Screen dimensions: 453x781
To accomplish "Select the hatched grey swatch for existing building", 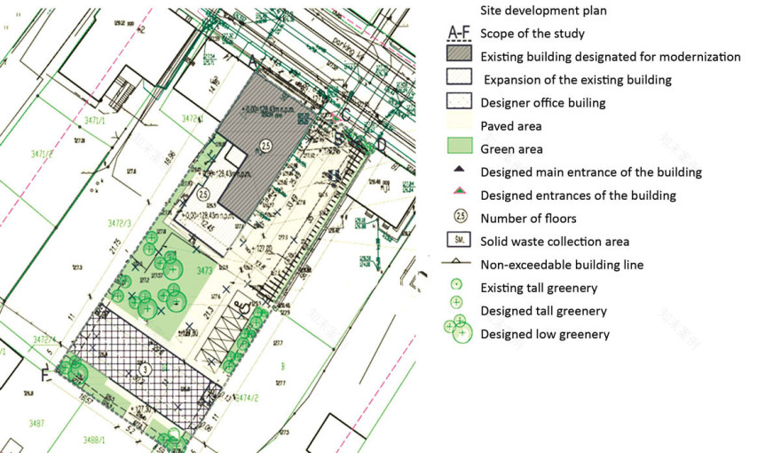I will pyautogui.click(x=459, y=56).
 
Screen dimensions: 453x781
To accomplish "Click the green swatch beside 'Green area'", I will pyautogui.click(x=459, y=148).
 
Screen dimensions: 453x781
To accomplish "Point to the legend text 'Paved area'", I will pyautogui.click(x=510, y=126).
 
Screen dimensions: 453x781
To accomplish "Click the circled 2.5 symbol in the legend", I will pyautogui.click(x=459, y=218).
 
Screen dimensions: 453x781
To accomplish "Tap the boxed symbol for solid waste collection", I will pyautogui.click(x=459, y=241).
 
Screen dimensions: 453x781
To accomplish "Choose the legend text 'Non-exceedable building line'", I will pyautogui.click(x=562, y=264).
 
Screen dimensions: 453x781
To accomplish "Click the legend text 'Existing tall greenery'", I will pyautogui.click(x=539, y=288).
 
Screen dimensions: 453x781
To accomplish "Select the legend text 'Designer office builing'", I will pyautogui.click(x=542, y=102).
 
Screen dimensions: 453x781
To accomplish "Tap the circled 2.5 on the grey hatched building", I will pyautogui.click(x=264, y=145).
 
